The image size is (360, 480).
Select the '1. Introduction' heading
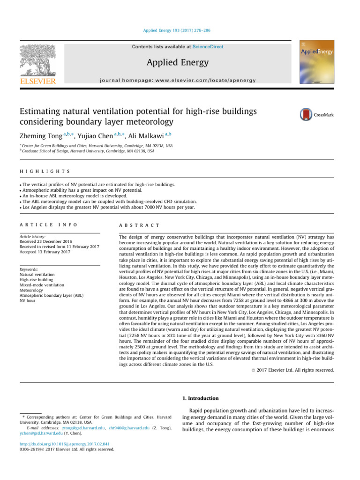coord(200,398)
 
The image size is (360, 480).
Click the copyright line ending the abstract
coord(289,370)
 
